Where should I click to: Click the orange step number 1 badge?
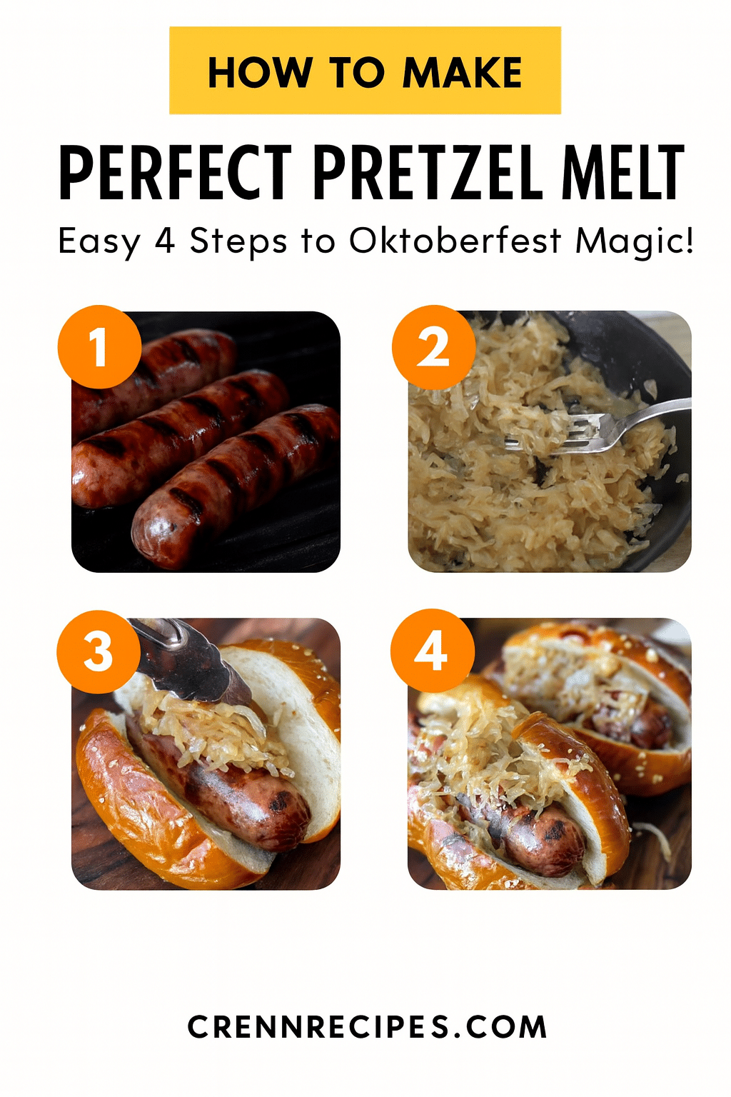[x=99, y=347]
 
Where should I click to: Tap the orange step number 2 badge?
[x=434, y=347]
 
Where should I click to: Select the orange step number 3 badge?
[x=99, y=651]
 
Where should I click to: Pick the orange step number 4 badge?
[x=433, y=651]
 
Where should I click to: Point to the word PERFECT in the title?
[x=176, y=171]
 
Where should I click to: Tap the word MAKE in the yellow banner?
[x=463, y=72]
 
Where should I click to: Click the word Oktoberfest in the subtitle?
[x=455, y=241]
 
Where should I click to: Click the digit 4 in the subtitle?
[x=165, y=241]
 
